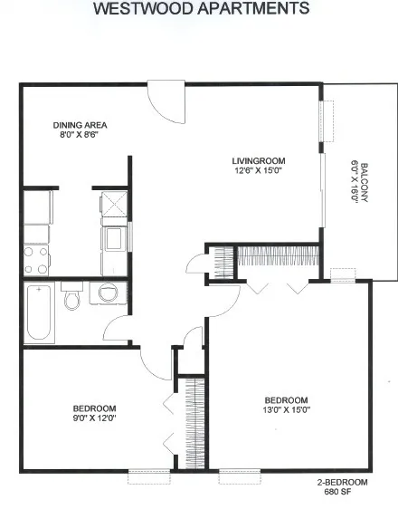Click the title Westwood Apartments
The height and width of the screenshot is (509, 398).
coord(202,8)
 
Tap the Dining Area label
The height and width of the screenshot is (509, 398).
coord(80,125)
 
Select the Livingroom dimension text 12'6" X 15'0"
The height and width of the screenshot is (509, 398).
coord(259,170)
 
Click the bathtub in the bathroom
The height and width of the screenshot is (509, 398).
coord(39,312)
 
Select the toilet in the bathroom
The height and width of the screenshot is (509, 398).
coord(71,296)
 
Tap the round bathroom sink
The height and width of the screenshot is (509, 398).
coord(108,293)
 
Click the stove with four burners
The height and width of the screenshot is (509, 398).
coord(36,260)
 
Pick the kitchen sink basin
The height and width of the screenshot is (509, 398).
coord(114,238)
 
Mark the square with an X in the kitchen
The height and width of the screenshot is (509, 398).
coord(114,204)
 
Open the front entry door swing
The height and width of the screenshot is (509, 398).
coord(166,102)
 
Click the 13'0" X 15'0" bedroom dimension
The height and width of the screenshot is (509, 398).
coord(287,410)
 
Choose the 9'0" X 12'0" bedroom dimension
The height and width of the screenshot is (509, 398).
coord(95,418)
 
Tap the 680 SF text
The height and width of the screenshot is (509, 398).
coord(337,492)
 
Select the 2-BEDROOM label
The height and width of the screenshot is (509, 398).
coord(342,483)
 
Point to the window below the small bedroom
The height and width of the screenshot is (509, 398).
coord(149,476)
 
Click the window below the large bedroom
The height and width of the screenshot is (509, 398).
coord(240,476)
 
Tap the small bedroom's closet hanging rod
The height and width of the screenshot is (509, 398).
coord(194,424)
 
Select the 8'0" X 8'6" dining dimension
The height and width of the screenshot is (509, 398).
coord(79,134)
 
